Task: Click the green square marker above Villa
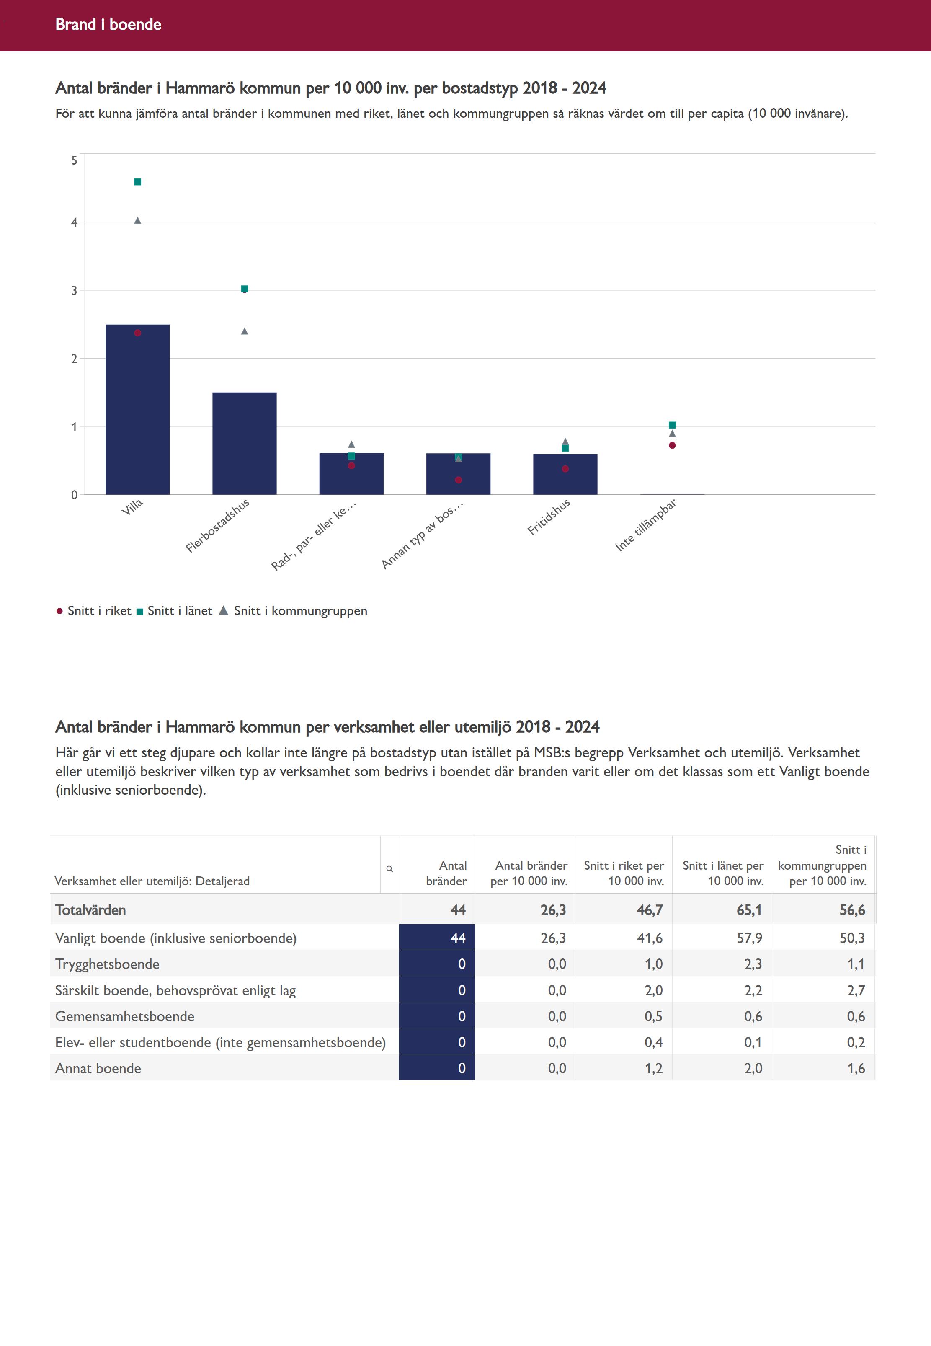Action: pos(138,182)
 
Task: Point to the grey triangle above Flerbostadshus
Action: pos(245,331)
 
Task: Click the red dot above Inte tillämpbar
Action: pos(672,446)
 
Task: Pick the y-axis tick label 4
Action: pos(74,222)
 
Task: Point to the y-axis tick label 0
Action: pos(74,495)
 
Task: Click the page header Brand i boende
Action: pos(108,24)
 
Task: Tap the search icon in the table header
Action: pos(389,869)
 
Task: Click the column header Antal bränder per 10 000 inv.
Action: pos(529,873)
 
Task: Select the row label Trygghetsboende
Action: pos(107,964)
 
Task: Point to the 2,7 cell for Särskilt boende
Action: pos(856,990)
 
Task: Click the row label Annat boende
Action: pos(98,1068)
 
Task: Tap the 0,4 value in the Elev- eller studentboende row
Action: pos(653,1042)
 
